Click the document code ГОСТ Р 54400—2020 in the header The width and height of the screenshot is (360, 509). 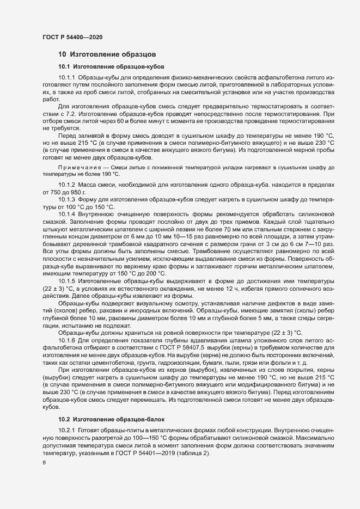coord(72,37)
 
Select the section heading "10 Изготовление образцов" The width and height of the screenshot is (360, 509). coord(107,54)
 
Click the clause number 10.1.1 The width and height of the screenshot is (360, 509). coord(68,79)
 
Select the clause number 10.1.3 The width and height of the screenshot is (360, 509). coord(68,201)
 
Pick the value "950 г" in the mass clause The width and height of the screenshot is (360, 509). coord(88,194)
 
